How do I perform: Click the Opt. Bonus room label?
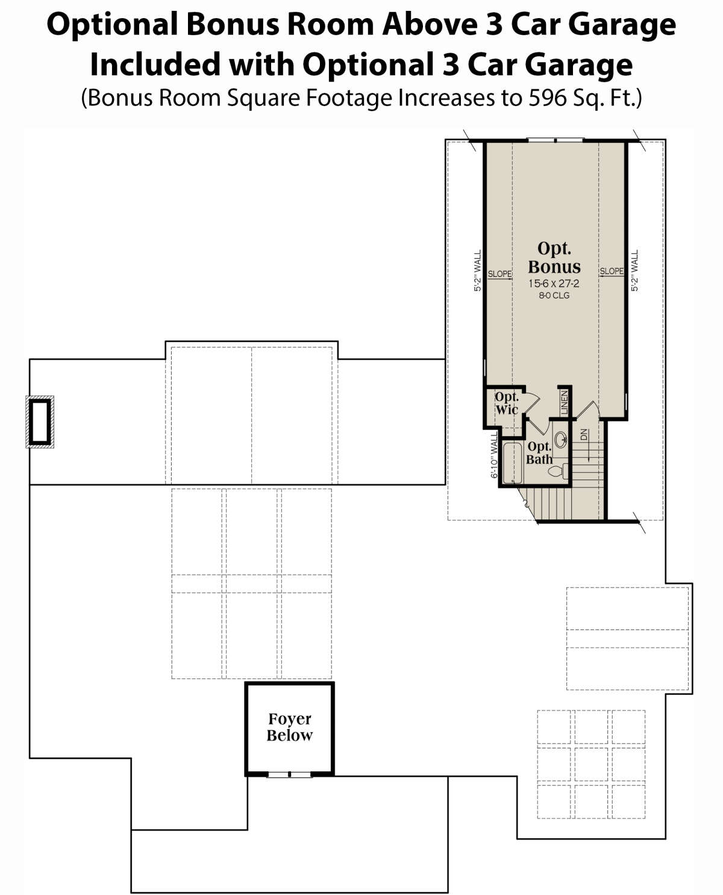(x=554, y=258)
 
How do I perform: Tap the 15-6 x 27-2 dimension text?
(x=554, y=283)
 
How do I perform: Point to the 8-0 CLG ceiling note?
(x=554, y=296)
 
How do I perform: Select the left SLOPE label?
(x=499, y=274)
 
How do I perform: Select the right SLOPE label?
(x=612, y=271)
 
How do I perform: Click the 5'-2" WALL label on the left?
(x=478, y=271)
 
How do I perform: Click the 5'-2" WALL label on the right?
(x=634, y=271)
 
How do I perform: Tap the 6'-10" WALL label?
(x=494, y=455)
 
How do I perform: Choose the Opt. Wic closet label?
(x=506, y=403)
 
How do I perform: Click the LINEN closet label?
(x=565, y=402)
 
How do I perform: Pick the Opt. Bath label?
(x=539, y=453)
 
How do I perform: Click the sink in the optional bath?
(x=560, y=440)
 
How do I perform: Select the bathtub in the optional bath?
(x=512, y=463)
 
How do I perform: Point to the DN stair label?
(x=583, y=435)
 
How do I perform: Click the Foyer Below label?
(x=289, y=727)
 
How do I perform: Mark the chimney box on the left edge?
(x=40, y=422)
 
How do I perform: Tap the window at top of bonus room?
(x=555, y=141)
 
